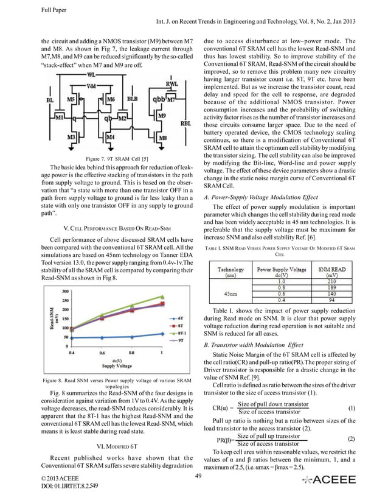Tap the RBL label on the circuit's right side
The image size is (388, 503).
coord(185,123)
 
